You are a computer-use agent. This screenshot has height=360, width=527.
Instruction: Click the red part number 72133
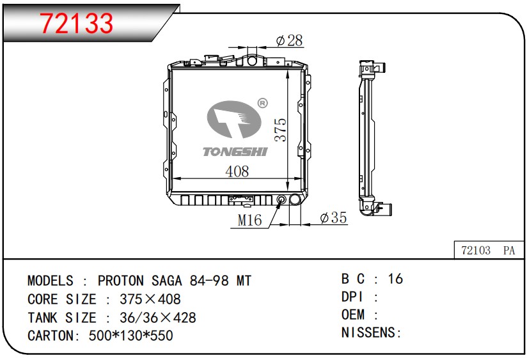(x=76, y=23)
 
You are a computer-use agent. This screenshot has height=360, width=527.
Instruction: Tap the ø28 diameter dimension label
(x=289, y=41)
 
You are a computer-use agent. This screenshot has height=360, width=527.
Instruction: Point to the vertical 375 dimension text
(x=280, y=130)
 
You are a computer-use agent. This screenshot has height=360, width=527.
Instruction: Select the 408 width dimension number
(x=237, y=171)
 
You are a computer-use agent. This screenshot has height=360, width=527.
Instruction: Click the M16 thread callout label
(x=249, y=221)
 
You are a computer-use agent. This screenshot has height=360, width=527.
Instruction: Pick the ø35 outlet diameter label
(x=333, y=217)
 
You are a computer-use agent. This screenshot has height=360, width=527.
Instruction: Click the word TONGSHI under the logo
(x=235, y=152)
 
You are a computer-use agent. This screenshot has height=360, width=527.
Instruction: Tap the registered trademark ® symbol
(x=262, y=103)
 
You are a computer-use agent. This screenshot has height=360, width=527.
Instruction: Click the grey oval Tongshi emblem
(x=234, y=120)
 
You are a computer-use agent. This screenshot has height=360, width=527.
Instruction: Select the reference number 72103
(x=476, y=251)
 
